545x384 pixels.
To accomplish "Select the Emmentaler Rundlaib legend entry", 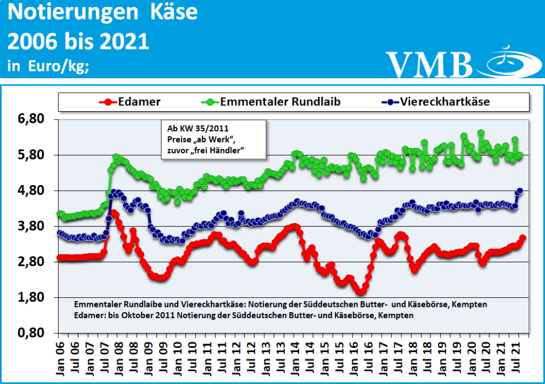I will [x=280, y=102].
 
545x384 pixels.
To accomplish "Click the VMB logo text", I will [x=429, y=64].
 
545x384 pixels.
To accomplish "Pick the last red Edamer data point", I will [x=523, y=238].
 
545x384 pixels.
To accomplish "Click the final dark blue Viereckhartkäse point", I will [x=520, y=190].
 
